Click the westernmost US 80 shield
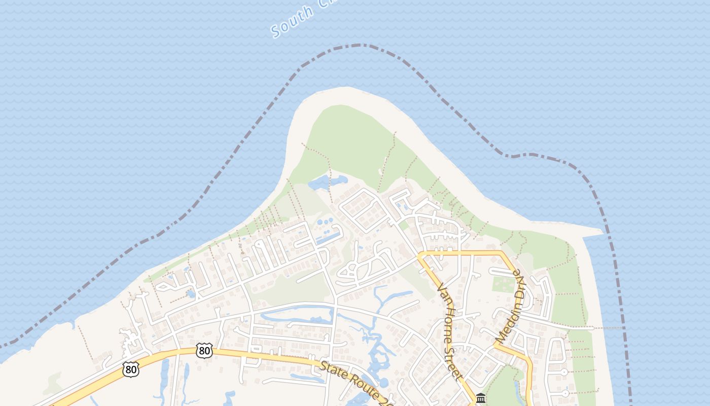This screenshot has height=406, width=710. pyautogui.click(x=131, y=369)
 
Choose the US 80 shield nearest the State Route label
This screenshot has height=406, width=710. pyautogui.click(x=204, y=351)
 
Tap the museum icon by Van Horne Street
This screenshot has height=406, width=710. pyautogui.click(x=481, y=398)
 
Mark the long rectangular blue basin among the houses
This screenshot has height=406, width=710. pyautogui.click(x=328, y=237)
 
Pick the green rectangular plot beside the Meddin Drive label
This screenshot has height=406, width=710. pyautogui.click(x=504, y=284)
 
